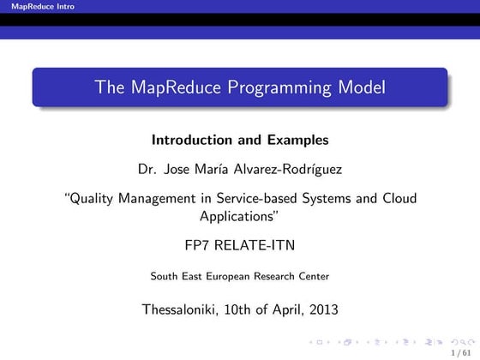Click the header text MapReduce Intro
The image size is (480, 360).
pos(37,7)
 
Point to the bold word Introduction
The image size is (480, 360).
pos(192,139)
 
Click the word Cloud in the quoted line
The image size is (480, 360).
pos(398,199)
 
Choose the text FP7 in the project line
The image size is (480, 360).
pos(197,245)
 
